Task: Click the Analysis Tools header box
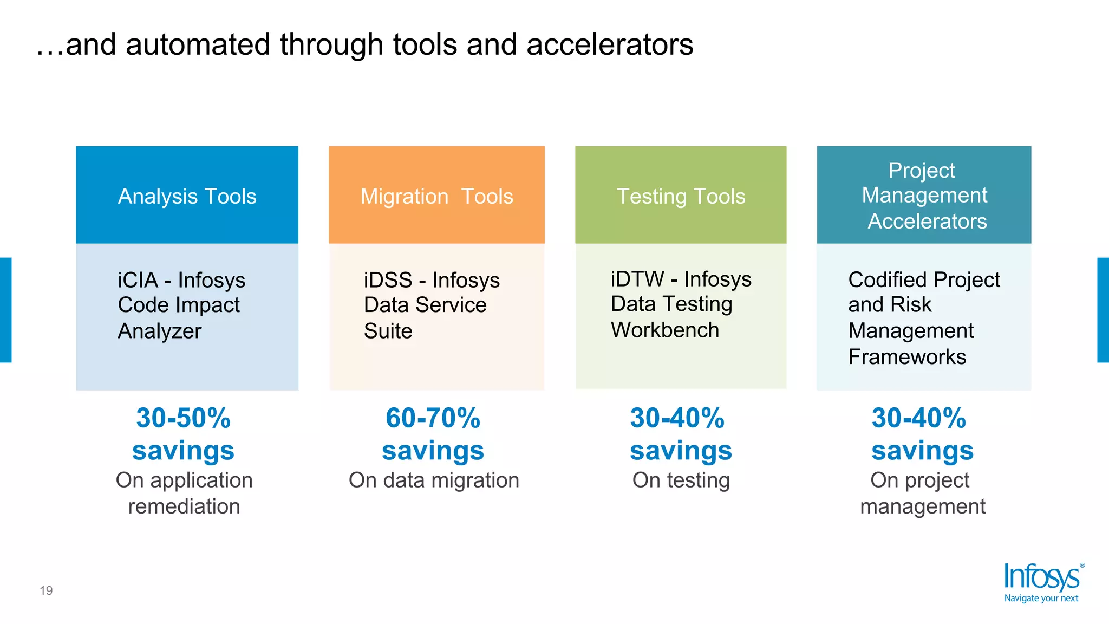187,195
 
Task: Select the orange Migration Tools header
436,195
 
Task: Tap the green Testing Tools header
681,195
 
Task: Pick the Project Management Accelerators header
924,195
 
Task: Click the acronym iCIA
138,280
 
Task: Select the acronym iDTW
637,279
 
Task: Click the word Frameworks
907,357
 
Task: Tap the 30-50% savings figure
183,433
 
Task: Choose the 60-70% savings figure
433,433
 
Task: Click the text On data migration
434,480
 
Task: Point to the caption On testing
681,480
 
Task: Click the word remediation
184,506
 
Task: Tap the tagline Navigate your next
1041,598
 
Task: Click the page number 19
46,590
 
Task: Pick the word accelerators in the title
610,44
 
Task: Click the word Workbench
664,330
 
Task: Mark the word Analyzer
159,331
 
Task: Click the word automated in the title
198,44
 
